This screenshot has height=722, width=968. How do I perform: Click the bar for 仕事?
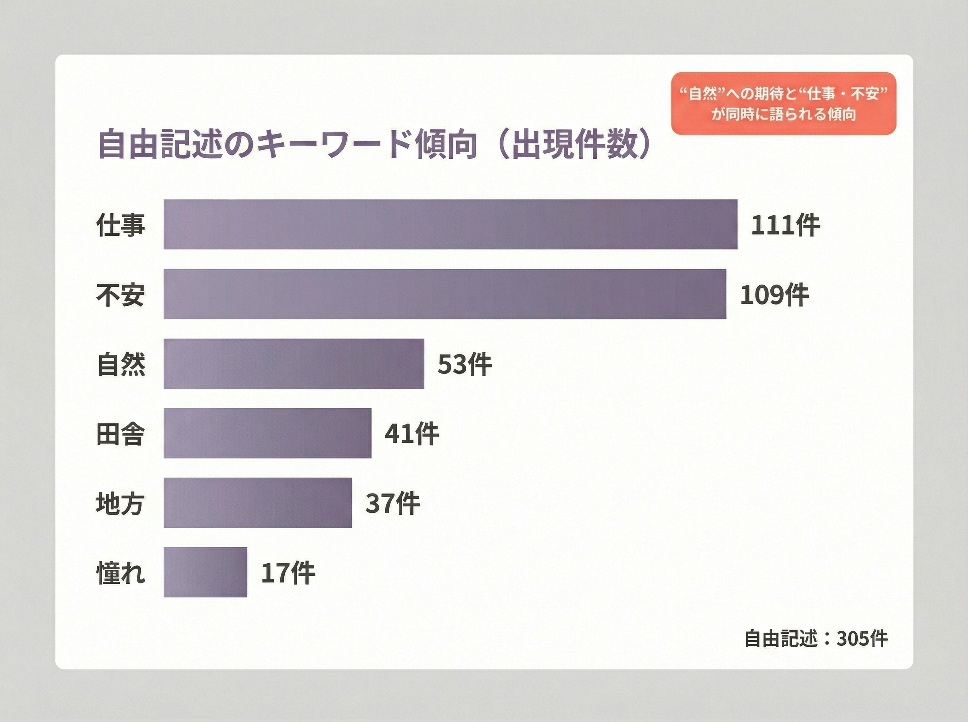[x=450, y=224]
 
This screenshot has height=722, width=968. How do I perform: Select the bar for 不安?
[x=444, y=294]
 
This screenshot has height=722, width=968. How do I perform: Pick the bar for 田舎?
[x=267, y=433]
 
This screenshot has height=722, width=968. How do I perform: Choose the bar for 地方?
[x=258, y=502]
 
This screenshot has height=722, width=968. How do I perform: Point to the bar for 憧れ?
[x=205, y=572]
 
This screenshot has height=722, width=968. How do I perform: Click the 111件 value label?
[x=785, y=225]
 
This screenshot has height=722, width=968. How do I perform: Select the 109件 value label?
[x=774, y=295]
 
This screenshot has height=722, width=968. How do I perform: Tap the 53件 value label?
[x=465, y=364]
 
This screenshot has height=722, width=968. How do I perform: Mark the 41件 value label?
[x=412, y=434]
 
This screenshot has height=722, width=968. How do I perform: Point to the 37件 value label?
[x=392, y=503]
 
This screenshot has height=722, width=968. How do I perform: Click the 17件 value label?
[x=288, y=573]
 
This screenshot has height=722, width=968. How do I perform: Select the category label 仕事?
[x=120, y=225]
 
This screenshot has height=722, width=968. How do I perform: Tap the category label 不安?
[x=120, y=295]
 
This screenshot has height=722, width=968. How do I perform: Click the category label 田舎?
[x=120, y=434]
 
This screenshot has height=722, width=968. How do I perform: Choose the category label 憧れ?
[x=120, y=573]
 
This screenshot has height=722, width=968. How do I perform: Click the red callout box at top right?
[x=783, y=104]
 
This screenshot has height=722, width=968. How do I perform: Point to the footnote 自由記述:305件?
[x=816, y=639]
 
